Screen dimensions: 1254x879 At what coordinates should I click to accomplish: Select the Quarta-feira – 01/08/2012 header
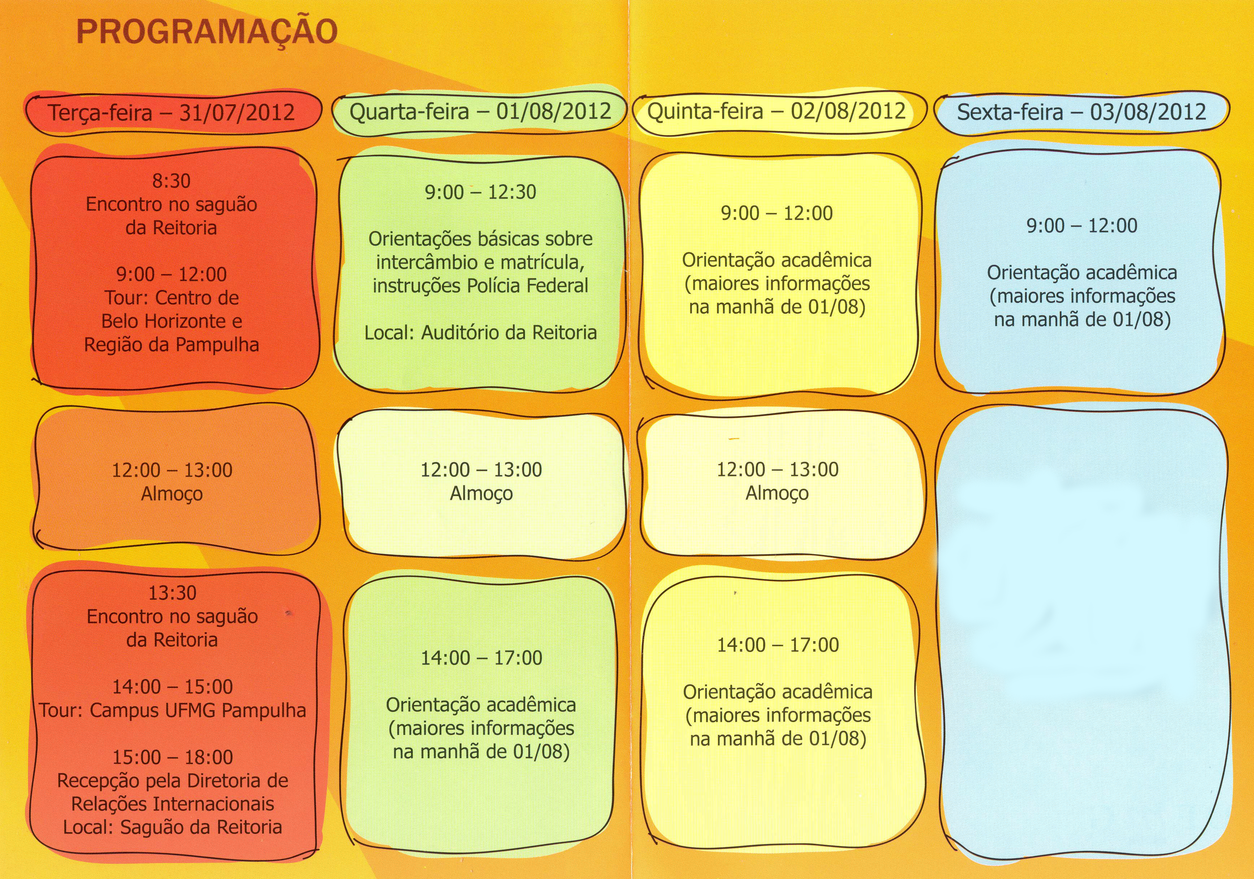[x=480, y=112]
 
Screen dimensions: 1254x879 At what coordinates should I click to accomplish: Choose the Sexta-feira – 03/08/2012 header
[x=1081, y=112]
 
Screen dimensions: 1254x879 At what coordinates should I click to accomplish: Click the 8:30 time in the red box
[x=171, y=181]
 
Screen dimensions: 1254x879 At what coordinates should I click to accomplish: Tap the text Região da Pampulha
[x=171, y=345]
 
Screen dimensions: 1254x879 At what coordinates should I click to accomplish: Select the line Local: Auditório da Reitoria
[x=480, y=333]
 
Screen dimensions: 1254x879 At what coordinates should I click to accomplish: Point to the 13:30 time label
[x=173, y=593]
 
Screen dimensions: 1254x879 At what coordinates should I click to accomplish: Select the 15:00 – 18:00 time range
[x=173, y=757]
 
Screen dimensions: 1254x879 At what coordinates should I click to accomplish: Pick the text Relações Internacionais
[x=173, y=804]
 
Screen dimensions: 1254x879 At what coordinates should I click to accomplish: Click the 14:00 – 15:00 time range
[x=173, y=687]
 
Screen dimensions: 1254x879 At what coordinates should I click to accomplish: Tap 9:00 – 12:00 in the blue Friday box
[x=1082, y=226]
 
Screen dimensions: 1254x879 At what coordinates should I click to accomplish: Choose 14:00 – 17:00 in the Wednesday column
[x=481, y=658]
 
